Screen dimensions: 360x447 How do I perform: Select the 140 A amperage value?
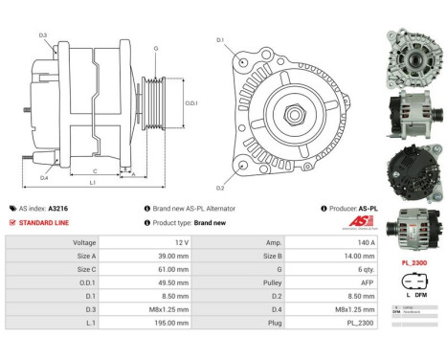point(320,243)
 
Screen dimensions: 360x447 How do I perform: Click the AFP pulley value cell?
point(320,284)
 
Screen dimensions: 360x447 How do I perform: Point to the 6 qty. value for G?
point(320,271)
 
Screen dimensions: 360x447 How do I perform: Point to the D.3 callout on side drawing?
point(43,35)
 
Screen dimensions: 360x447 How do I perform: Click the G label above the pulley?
point(156,47)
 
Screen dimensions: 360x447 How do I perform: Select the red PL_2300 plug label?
point(412,260)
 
